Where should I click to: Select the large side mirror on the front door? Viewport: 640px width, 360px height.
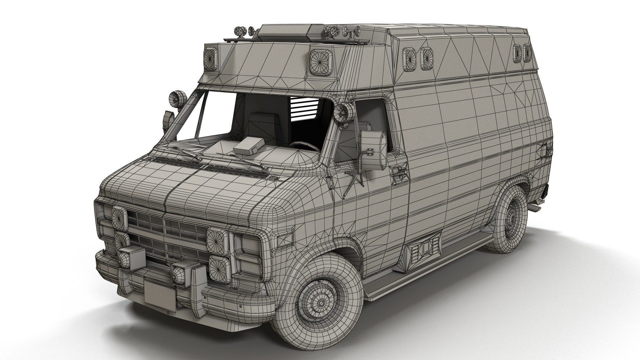pos(374,147)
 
